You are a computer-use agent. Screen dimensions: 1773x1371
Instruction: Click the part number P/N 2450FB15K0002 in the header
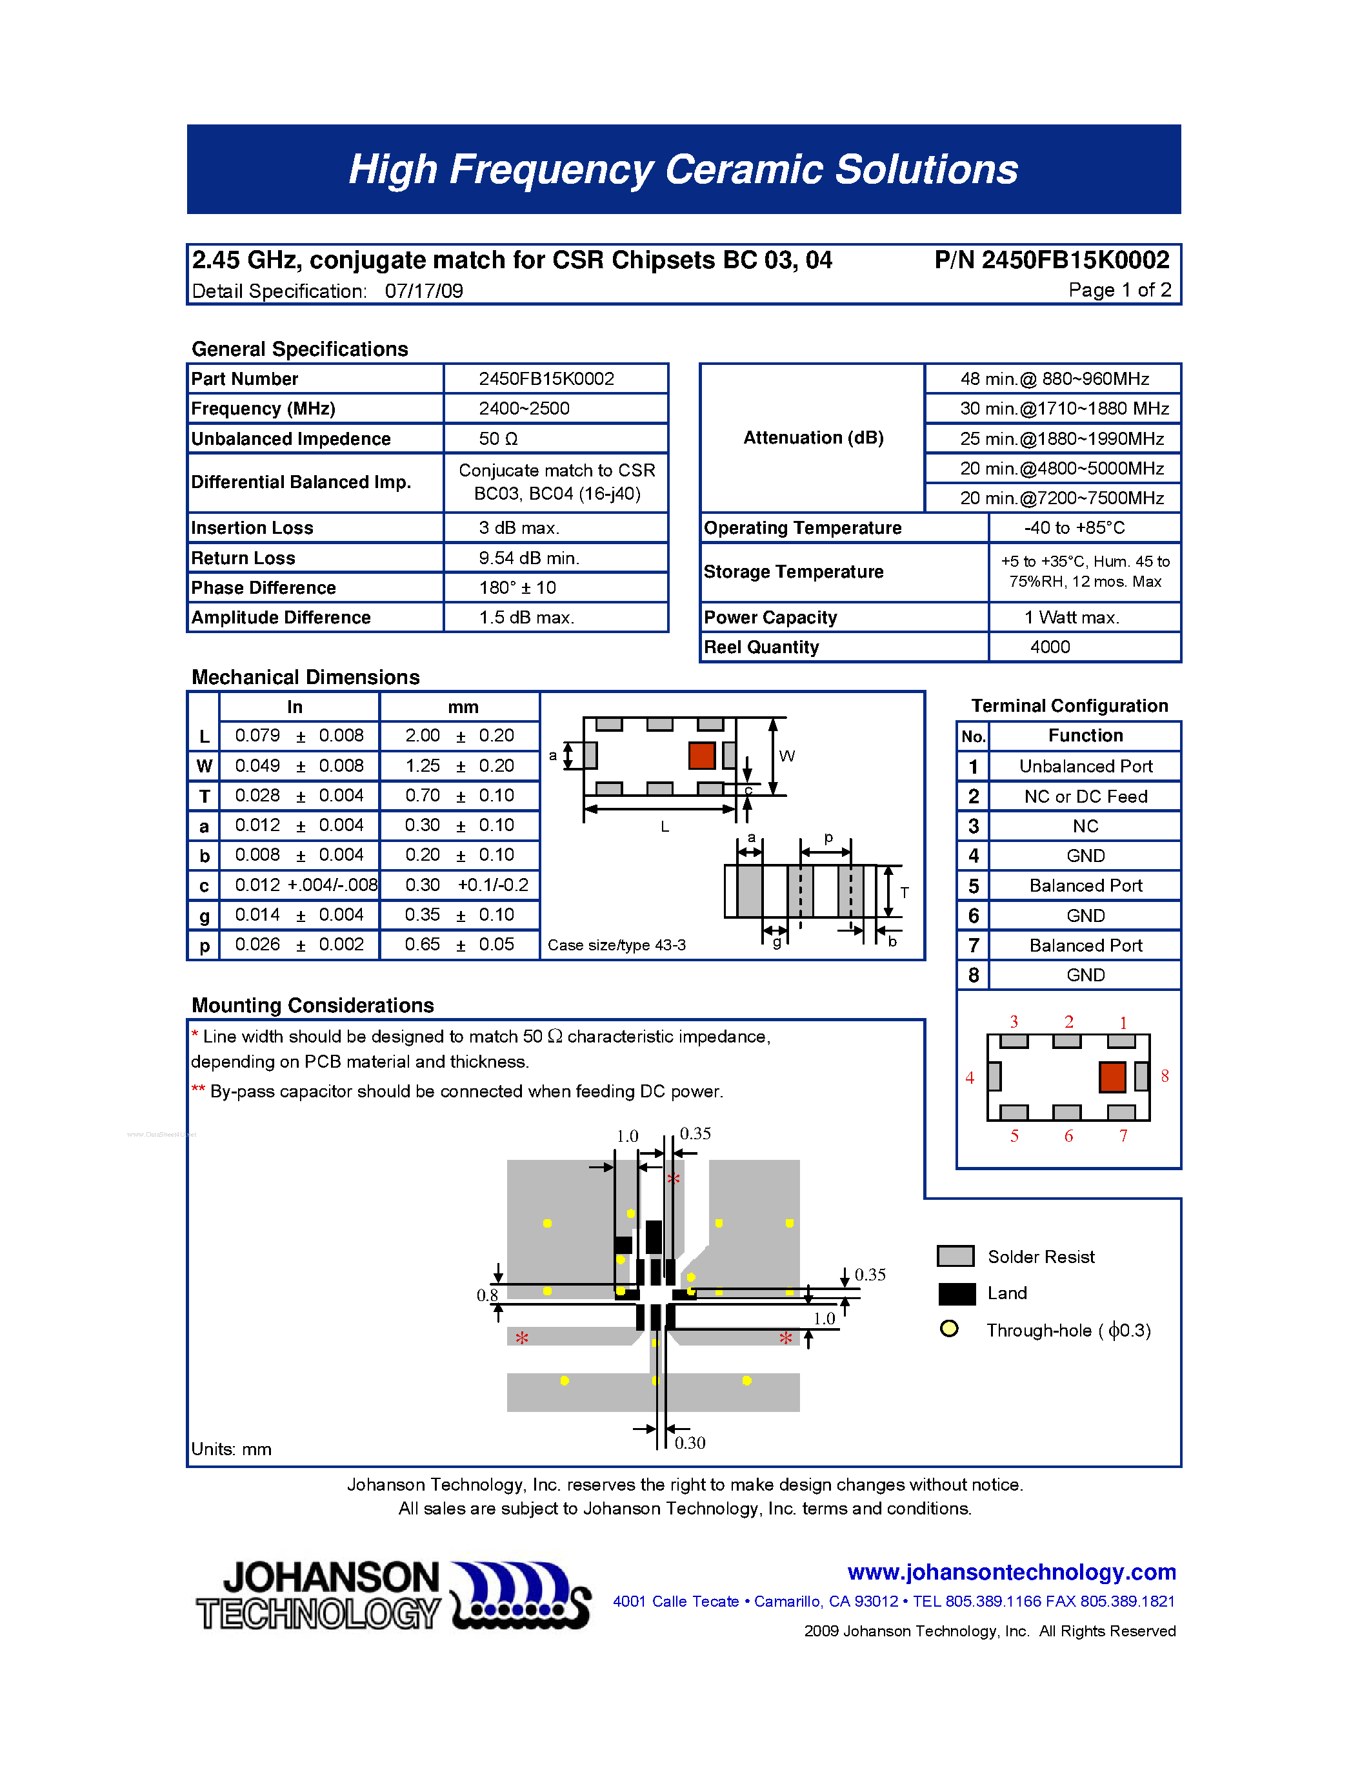tap(1051, 260)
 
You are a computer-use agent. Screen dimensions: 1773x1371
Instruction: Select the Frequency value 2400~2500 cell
tap(524, 408)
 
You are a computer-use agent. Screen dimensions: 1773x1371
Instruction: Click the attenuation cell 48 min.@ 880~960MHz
tap(1054, 379)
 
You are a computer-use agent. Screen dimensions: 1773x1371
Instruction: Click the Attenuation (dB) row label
tap(813, 438)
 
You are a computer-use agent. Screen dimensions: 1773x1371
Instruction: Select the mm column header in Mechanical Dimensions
tap(463, 707)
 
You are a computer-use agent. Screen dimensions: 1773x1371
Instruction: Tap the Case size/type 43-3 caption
tap(616, 945)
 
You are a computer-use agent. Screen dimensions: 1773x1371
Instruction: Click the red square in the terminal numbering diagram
tap(1112, 1077)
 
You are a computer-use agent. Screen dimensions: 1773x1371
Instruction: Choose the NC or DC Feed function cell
tap(1085, 796)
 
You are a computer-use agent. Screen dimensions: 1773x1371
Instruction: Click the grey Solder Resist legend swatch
tap(955, 1256)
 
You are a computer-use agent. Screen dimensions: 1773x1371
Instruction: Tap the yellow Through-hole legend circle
tap(948, 1329)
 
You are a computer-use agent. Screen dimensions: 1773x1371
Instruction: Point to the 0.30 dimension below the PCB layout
tap(690, 1443)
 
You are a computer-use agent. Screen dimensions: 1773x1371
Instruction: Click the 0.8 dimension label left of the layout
tap(487, 1295)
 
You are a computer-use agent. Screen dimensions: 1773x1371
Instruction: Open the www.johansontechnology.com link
tap(1011, 1572)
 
